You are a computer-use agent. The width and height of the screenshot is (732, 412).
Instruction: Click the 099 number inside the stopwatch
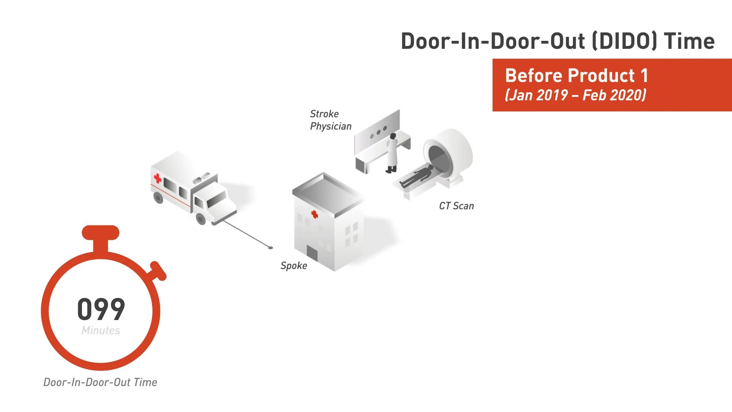tap(101, 309)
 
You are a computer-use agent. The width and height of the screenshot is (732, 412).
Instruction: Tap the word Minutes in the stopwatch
tap(101, 330)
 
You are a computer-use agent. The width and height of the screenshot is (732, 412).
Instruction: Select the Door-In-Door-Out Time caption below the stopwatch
tap(100, 382)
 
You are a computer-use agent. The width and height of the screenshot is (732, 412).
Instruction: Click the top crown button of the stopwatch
tap(101, 233)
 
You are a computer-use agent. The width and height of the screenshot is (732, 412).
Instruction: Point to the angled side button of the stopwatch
tap(158, 270)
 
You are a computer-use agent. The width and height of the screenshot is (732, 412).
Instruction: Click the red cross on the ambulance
tap(157, 178)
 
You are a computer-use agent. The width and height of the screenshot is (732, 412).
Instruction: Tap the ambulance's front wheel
tap(201, 219)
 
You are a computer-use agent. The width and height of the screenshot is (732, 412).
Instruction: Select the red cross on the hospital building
tap(315, 214)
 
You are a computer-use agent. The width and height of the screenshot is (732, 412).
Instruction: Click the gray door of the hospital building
tap(312, 254)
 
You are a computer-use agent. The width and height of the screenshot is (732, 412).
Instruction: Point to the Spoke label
tap(294, 266)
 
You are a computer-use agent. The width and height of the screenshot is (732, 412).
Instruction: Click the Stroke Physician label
tap(331, 120)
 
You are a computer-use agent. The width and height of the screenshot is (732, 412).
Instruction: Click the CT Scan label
tap(456, 206)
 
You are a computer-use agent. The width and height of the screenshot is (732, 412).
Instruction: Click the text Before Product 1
tap(576, 76)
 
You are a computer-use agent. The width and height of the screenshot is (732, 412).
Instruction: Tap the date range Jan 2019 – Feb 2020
tap(576, 95)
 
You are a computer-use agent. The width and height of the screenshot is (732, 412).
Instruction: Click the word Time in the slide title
tap(689, 41)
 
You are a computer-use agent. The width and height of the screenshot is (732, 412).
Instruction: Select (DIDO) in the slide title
tap(625, 41)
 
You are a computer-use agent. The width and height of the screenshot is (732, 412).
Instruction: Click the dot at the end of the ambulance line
tap(271, 248)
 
